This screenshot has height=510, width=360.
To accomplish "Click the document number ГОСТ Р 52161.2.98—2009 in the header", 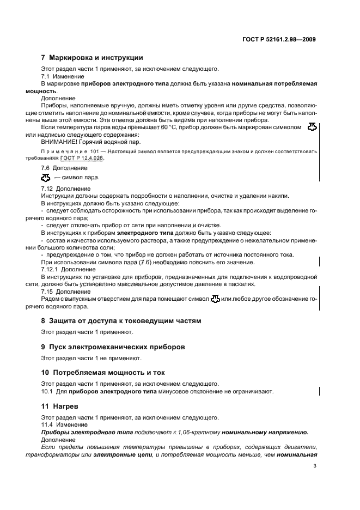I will (x=282, y=39).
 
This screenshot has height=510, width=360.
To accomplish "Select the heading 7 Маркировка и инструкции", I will (x=92, y=58).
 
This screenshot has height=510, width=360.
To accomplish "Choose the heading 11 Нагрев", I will (x=62, y=406).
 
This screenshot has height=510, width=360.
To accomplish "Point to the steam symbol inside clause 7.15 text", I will (x=216, y=299).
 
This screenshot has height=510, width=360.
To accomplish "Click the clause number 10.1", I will (x=47, y=391).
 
